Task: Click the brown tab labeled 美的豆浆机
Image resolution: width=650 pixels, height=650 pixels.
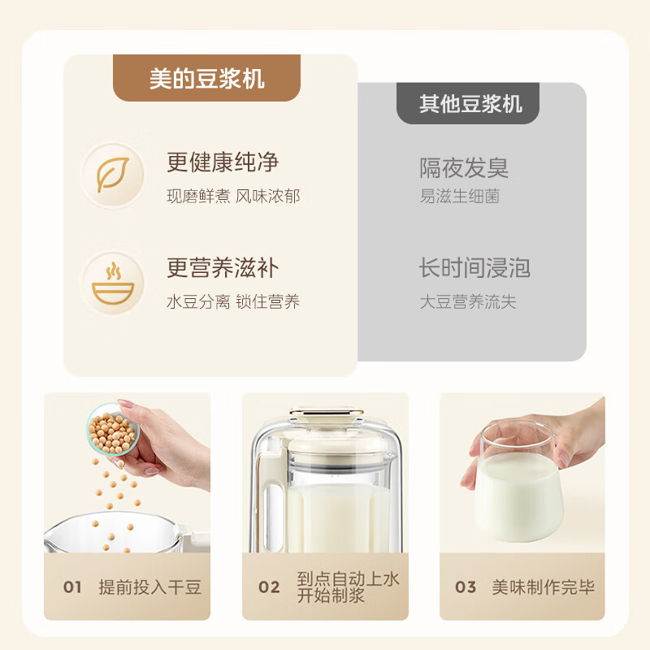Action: pos(207,79)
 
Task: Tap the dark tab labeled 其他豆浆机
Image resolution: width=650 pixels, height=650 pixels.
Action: pos(470,104)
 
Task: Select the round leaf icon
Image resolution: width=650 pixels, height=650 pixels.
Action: pos(113,174)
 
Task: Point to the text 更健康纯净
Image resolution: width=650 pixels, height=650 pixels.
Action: pos(223,162)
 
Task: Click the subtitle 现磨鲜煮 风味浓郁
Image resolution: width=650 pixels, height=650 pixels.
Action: pos(233,197)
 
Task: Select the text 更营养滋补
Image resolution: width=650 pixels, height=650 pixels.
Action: pos(223,268)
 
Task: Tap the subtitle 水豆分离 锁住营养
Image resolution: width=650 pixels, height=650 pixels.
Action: pos(233,302)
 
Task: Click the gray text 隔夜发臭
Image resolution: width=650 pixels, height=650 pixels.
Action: pos(464,167)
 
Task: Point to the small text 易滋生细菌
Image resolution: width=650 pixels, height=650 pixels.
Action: pos(459,197)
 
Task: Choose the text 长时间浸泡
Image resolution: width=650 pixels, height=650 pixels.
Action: pos(474,268)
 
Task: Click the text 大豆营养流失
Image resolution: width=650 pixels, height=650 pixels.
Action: pos(467,302)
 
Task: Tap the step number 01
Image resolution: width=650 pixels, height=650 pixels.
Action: pos(73,587)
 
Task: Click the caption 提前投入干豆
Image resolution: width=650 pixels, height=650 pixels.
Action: pos(149,587)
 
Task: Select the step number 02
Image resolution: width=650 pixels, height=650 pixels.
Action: pos(269,587)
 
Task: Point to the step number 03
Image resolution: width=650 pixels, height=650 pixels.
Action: pos(466,587)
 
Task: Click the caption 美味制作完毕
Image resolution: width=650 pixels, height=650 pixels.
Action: pos(543,587)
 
